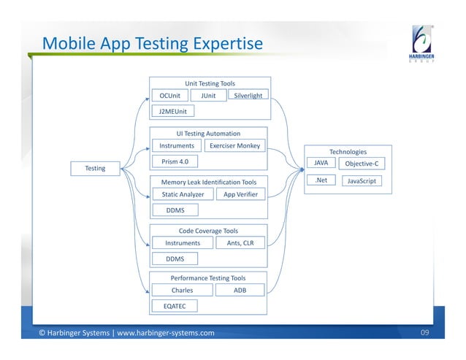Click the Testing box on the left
(x=94, y=169)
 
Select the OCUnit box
(x=169, y=95)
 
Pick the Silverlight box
(x=248, y=95)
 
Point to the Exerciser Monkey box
(x=234, y=145)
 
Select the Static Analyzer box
(x=183, y=194)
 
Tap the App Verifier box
(x=240, y=194)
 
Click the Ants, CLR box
(x=240, y=243)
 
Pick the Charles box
(x=182, y=290)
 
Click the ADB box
(x=240, y=290)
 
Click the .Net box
(x=319, y=180)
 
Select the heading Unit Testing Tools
(x=210, y=84)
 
